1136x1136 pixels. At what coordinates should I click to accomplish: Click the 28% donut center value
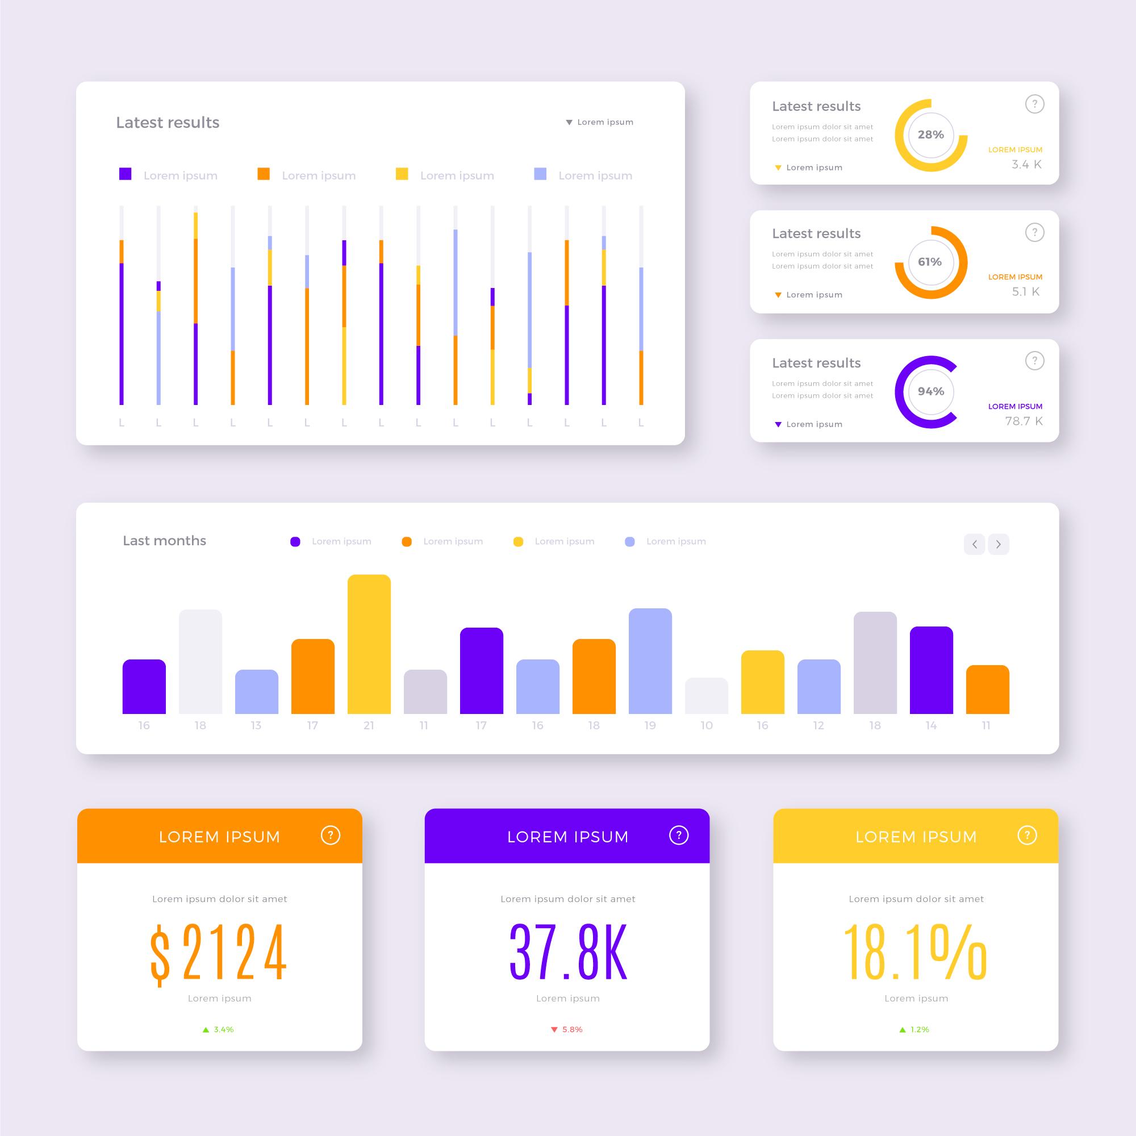point(930,135)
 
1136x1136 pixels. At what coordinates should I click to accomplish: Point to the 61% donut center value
point(930,262)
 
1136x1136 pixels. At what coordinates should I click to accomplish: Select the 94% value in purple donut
point(930,391)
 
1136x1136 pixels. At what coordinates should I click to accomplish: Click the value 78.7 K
point(1023,421)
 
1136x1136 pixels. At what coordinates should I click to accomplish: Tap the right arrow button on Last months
point(998,544)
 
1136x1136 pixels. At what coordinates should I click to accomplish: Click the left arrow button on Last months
point(974,544)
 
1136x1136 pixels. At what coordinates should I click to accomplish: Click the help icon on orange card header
point(331,835)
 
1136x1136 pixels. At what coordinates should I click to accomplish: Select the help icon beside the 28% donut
point(1034,104)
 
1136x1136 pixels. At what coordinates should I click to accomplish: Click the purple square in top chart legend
point(125,174)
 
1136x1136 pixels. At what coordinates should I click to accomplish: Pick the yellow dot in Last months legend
point(518,541)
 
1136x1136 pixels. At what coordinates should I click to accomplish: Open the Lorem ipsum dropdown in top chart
point(599,122)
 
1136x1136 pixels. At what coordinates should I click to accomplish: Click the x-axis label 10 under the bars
point(706,725)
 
